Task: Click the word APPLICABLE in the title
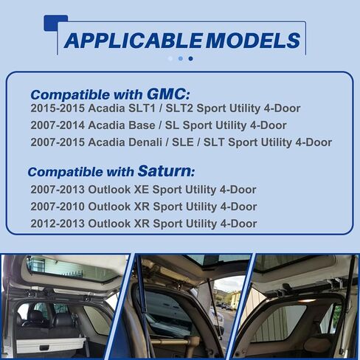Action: (133, 41)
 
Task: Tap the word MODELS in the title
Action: (253, 41)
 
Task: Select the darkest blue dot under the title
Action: (190, 58)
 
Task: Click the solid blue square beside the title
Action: (55, 23)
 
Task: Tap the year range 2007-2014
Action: (58, 125)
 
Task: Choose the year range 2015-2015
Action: (58, 108)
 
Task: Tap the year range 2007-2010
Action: (58, 207)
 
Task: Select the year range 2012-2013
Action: (58, 224)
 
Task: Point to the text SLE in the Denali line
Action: (183, 142)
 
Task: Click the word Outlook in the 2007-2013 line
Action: (109, 190)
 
